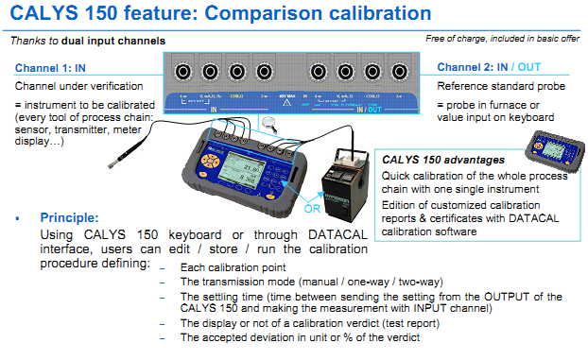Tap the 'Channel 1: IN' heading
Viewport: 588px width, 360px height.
tap(52, 68)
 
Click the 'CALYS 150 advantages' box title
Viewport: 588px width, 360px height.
tap(441, 160)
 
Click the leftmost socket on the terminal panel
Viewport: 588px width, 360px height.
tap(180, 72)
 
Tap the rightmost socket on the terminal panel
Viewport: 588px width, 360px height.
tap(401, 72)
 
